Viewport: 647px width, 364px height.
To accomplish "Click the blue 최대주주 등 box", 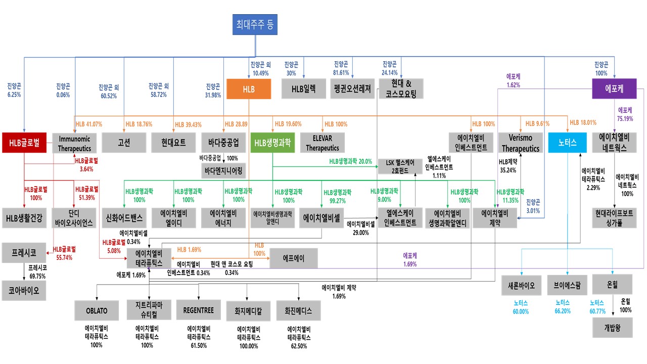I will tap(255, 24).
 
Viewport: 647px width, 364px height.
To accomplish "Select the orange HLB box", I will tap(249, 89).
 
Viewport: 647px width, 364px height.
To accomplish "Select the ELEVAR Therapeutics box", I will tap(322, 143).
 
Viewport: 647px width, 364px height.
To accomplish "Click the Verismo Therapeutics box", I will tap(520, 143).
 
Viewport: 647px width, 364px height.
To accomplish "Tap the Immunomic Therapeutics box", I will tap(74, 143).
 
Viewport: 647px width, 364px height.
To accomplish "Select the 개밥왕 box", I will tap(612, 328).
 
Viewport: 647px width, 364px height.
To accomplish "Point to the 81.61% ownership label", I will tap(341, 68).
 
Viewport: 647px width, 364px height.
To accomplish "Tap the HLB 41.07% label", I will tap(88, 124).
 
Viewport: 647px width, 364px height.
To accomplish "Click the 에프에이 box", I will tap(294, 258).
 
